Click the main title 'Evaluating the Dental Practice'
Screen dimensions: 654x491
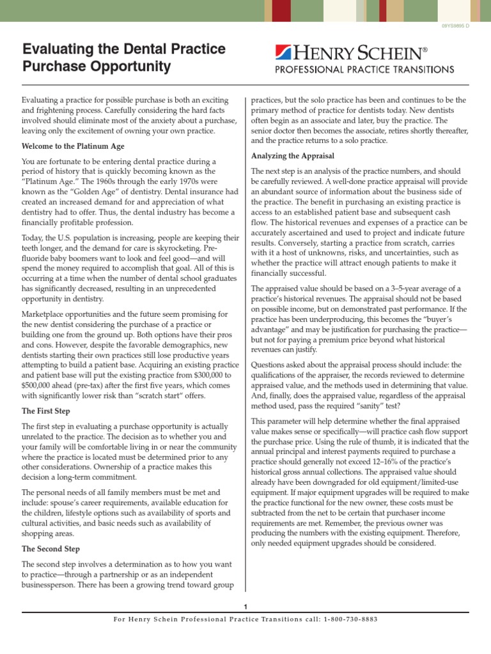coord(124,49)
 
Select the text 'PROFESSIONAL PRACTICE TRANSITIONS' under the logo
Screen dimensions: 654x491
coord(364,69)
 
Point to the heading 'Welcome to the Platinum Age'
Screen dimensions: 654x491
coord(73,146)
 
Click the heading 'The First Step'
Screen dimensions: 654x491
coord(47,411)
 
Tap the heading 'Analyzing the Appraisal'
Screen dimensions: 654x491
coord(293,156)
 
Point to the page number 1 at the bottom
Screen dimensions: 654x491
coord(245,606)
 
